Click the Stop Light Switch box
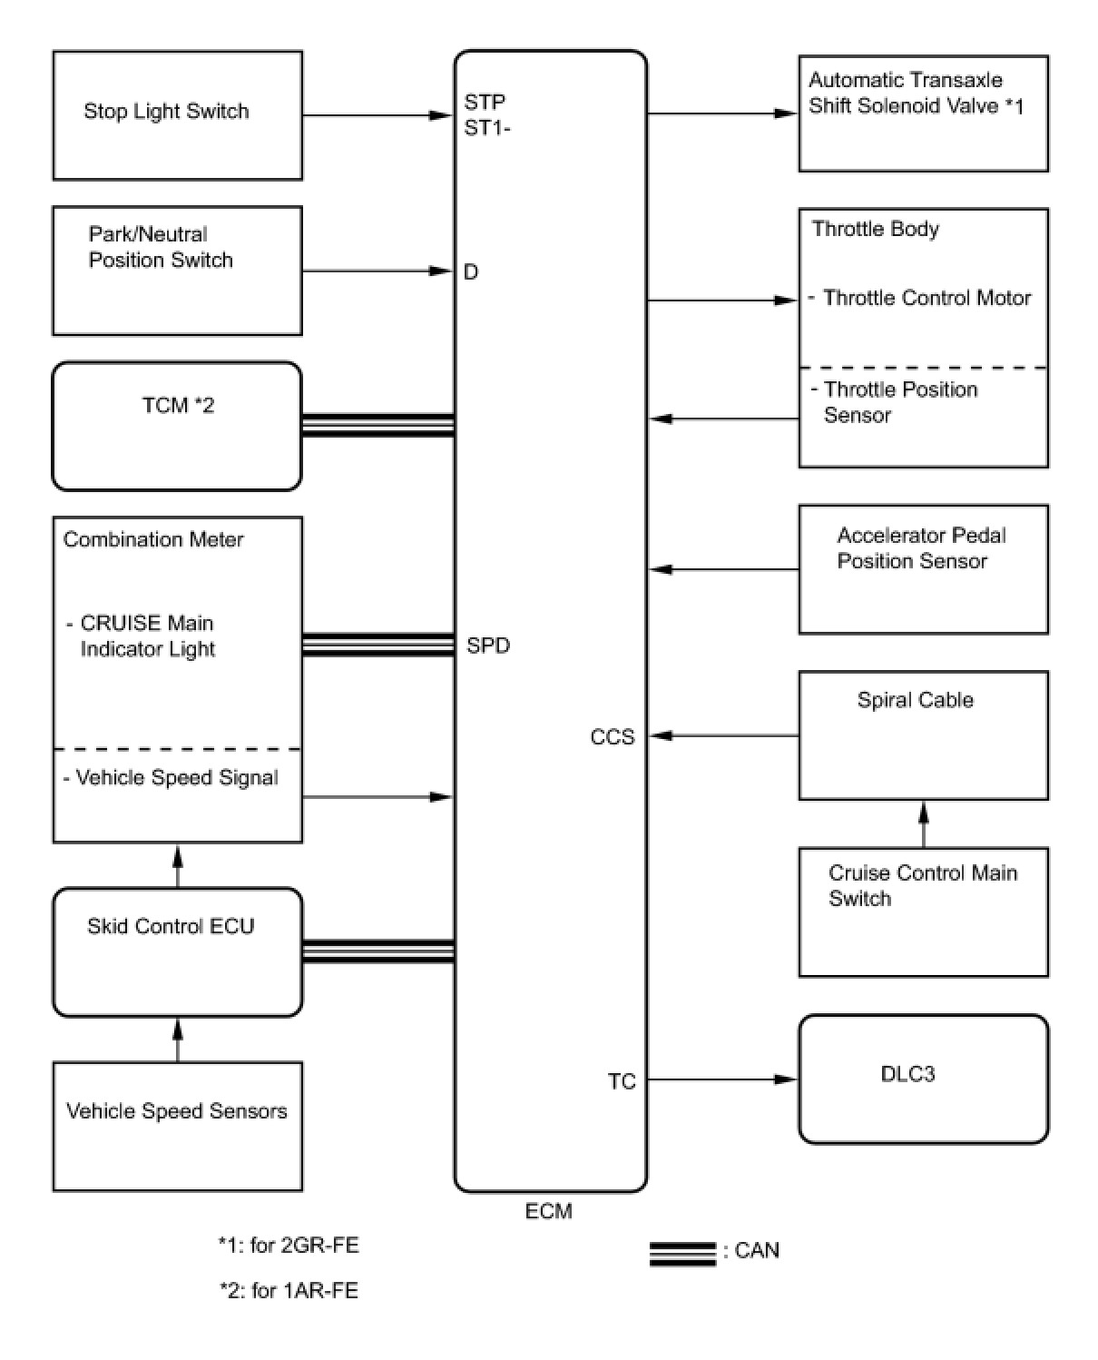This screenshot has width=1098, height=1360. coord(177,115)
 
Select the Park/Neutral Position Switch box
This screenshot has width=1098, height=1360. coord(177,271)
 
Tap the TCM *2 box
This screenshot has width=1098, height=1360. coord(177,426)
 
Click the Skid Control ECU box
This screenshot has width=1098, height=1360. coord(177,951)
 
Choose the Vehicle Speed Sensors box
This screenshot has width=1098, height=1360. coord(177,1126)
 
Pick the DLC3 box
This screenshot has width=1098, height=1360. coord(923,1079)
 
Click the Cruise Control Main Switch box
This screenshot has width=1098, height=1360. coord(923,912)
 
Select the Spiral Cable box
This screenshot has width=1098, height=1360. coord(923,734)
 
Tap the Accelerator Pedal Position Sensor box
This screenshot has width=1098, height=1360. coord(923,569)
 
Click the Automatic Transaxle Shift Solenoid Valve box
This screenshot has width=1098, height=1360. coord(923,113)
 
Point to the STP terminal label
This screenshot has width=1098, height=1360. coord(485,102)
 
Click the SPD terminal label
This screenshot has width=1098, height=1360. coord(488,646)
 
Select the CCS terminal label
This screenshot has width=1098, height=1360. coord(613,736)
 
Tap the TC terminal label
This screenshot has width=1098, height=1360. coord(622,1081)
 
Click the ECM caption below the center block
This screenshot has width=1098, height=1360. coord(549,1211)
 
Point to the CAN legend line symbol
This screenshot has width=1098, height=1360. coord(682,1252)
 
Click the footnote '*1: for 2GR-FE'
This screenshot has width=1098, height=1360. coord(289,1245)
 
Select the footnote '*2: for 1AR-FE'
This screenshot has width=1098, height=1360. coord(289,1290)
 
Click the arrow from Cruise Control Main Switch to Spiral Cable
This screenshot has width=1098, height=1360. coord(924,823)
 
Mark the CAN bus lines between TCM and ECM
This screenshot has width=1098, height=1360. coord(377,425)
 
